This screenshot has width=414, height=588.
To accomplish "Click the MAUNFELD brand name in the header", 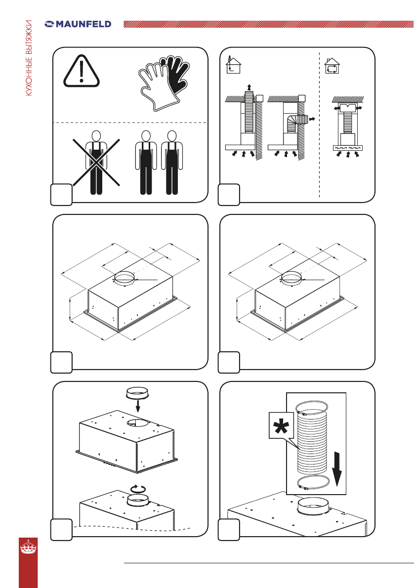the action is pyautogui.click(x=83, y=24).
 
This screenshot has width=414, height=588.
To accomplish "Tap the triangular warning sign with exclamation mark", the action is pyautogui.click(x=82, y=71).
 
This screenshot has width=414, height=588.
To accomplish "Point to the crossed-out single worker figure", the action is pyautogui.click(x=96, y=163).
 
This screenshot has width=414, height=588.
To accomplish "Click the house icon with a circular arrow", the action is pyautogui.click(x=332, y=66).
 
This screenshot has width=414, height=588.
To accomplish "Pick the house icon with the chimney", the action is pyautogui.click(x=233, y=65).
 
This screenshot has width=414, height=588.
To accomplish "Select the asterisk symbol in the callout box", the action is pyautogui.click(x=281, y=426).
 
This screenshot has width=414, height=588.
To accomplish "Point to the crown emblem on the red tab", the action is pyautogui.click(x=28, y=547).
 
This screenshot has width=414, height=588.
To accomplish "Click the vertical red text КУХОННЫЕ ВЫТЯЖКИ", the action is pyautogui.click(x=29, y=58).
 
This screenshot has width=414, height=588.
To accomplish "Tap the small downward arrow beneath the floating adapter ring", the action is pyautogui.click(x=138, y=405).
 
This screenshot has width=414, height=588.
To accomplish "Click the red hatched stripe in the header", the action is pyautogui.click(x=268, y=24).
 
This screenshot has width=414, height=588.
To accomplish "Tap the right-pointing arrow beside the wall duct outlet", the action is pyautogui.click(x=311, y=119).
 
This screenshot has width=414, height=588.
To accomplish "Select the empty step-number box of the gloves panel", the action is pyautogui.click(x=61, y=195).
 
